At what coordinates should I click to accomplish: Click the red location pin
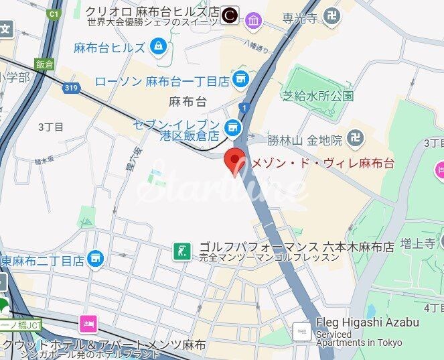click(234, 162)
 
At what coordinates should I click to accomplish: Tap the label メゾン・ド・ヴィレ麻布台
click(322, 162)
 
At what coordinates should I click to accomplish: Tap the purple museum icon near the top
click(253, 21)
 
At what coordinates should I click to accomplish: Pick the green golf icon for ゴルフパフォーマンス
click(179, 251)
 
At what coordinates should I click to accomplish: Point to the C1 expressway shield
click(54, 13)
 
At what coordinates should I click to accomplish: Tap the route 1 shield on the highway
click(246, 107)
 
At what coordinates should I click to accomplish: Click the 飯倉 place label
click(45, 64)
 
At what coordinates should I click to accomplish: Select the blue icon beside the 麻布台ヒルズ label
click(158, 46)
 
